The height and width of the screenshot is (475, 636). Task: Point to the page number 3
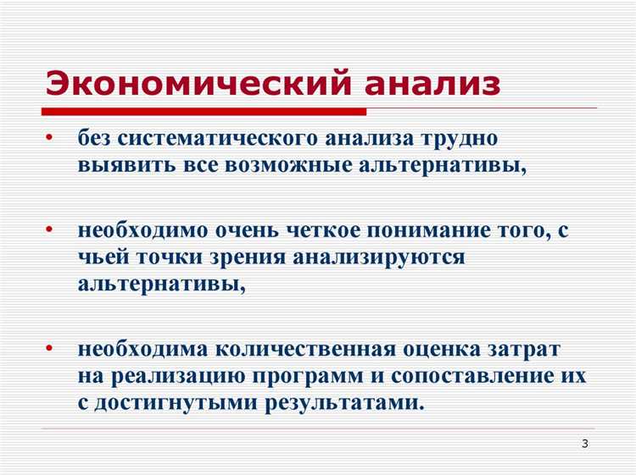coord(584,445)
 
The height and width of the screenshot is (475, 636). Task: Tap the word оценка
coord(444,349)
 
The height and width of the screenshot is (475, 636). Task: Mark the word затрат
coord(535,349)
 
